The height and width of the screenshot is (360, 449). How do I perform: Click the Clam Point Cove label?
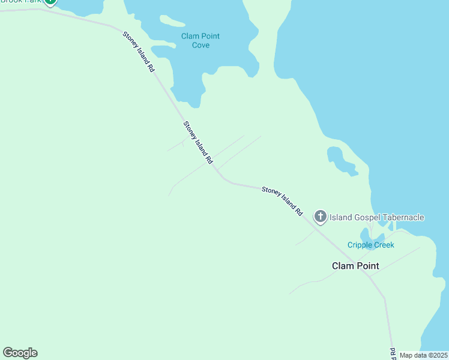coord(200,40)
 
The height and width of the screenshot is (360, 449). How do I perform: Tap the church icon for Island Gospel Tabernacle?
coord(321,217)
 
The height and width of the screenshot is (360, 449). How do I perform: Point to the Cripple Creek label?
coord(370,245)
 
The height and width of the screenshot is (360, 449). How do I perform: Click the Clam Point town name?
coord(355,265)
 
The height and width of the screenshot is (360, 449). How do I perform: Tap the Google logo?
coord(20,353)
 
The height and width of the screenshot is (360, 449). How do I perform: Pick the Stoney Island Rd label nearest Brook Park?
coord(139,52)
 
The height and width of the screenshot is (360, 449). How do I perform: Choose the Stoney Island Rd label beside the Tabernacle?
coord(282,201)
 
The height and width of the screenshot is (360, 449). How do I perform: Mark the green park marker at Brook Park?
coord(50,2)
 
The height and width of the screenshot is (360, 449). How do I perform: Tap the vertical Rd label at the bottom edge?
coord(393,354)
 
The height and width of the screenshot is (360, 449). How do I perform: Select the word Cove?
coord(200,45)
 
